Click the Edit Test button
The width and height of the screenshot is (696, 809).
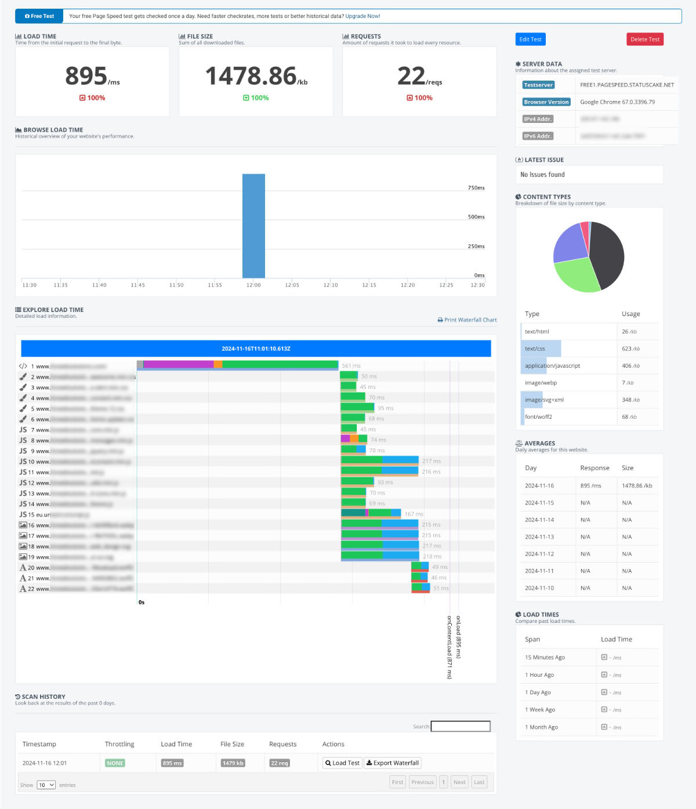(530, 39)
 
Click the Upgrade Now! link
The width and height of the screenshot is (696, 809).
(362, 16)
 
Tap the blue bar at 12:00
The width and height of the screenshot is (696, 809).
(253, 226)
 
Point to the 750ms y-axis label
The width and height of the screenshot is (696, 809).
(476, 188)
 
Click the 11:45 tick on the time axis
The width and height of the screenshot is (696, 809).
(137, 285)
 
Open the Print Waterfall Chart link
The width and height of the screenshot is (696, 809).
(467, 320)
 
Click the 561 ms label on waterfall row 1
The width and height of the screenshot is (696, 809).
(351, 366)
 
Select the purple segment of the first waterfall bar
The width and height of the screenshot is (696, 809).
(178, 364)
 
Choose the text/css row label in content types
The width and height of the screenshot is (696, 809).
(535, 349)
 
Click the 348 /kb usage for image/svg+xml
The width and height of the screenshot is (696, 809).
(629, 400)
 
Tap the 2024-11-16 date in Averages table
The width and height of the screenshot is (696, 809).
(539, 485)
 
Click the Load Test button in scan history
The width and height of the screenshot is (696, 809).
(342, 763)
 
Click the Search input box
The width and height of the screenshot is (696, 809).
(461, 726)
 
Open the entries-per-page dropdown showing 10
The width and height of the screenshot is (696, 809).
(46, 785)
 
